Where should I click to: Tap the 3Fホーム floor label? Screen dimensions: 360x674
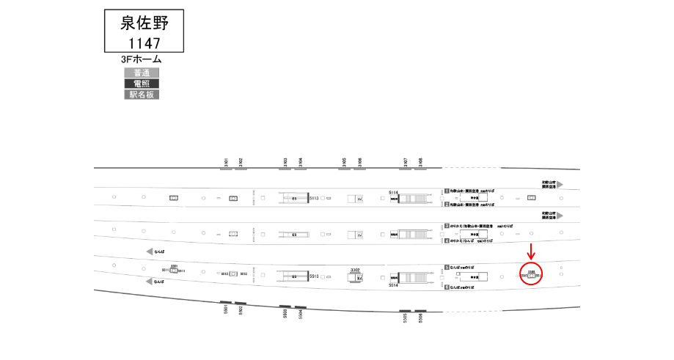point(142,59)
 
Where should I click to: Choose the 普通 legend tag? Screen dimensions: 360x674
point(142,73)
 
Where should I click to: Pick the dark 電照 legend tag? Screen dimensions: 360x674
point(142,84)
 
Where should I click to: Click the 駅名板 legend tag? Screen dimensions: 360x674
point(142,95)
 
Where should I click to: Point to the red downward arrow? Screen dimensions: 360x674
point(531,251)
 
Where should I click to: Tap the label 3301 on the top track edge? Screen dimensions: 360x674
point(227,162)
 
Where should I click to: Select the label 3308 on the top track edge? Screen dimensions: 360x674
point(420,162)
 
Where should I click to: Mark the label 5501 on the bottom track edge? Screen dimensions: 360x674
point(226,311)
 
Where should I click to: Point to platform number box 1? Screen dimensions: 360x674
point(446,191)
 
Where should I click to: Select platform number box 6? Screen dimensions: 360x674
point(446,287)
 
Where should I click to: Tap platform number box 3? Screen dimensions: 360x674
point(446,226)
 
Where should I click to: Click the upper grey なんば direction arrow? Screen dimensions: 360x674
point(150,251)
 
